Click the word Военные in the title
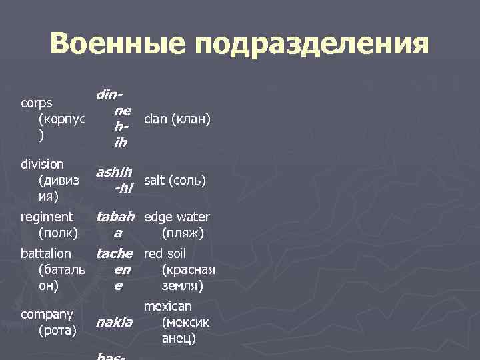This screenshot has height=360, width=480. pyautogui.click(x=119, y=45)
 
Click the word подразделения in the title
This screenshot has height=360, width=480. pyautogui.click(x=313, y=46)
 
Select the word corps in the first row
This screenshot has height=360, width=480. pyautogui.click(x=37, y=104)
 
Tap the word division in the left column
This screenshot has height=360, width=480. pyautogui.click(x=42, y=164)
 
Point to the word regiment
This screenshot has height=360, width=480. pyautogui.click(x=47, y=217)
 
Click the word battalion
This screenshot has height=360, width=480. pyautogui.click(x=45, y=253)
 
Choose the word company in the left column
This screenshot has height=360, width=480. pyautogui.click(x=46, y=313)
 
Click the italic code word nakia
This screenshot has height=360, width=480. pyautogui.click(x=114, y=323)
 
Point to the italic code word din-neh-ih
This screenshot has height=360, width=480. pyautogui.click(x=113, y=119)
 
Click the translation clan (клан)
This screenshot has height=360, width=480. pyautogui.click(x=177, y=119)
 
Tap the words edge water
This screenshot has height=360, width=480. pyautogui.click(x=177, y=217)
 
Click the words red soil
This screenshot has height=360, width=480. pyautogui.click(x=165, y=253)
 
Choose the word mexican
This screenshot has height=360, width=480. pyautogui.click(x=167, y=306)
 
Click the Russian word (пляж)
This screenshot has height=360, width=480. pyautogui.click(x=182, y=233)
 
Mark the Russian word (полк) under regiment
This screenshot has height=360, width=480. pyautogui.click(x=59, y=233)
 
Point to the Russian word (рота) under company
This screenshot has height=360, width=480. pyautogui.click(x=59, y=329)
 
